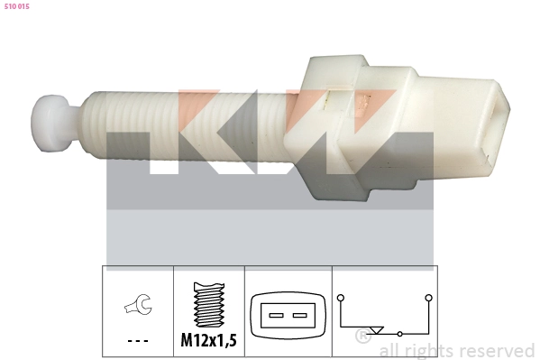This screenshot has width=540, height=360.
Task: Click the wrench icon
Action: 138,308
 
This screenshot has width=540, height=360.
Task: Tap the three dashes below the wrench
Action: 138,341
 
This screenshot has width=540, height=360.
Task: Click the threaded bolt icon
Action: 208,306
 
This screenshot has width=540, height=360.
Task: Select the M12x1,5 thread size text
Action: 208,340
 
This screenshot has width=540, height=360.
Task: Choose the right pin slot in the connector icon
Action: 299,316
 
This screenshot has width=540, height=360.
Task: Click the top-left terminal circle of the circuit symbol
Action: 341,296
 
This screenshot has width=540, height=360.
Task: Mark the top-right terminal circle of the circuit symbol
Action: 428,296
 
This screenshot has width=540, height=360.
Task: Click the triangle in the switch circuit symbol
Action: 378,331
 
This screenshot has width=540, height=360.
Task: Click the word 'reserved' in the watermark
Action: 495,351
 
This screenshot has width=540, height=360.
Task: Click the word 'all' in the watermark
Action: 390,351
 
